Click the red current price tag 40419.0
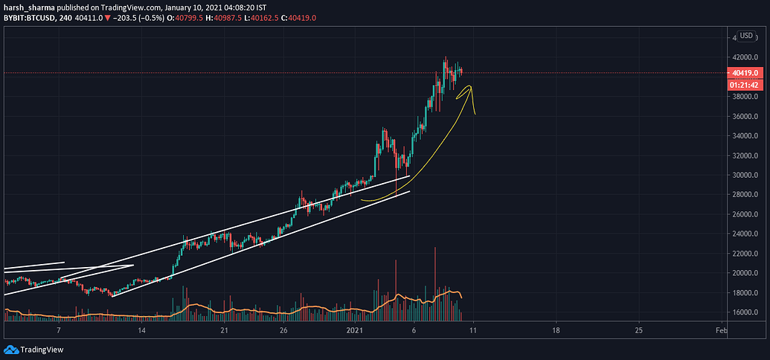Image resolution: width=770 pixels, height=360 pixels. (x=745, y=72)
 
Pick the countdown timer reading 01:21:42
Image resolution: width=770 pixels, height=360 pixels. (x=745, y=84)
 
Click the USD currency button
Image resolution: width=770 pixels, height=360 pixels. (x=745, y=36)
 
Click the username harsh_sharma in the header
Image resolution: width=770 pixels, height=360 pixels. (x=27, y=7)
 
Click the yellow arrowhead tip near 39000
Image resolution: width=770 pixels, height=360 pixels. (x=469, y=86)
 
